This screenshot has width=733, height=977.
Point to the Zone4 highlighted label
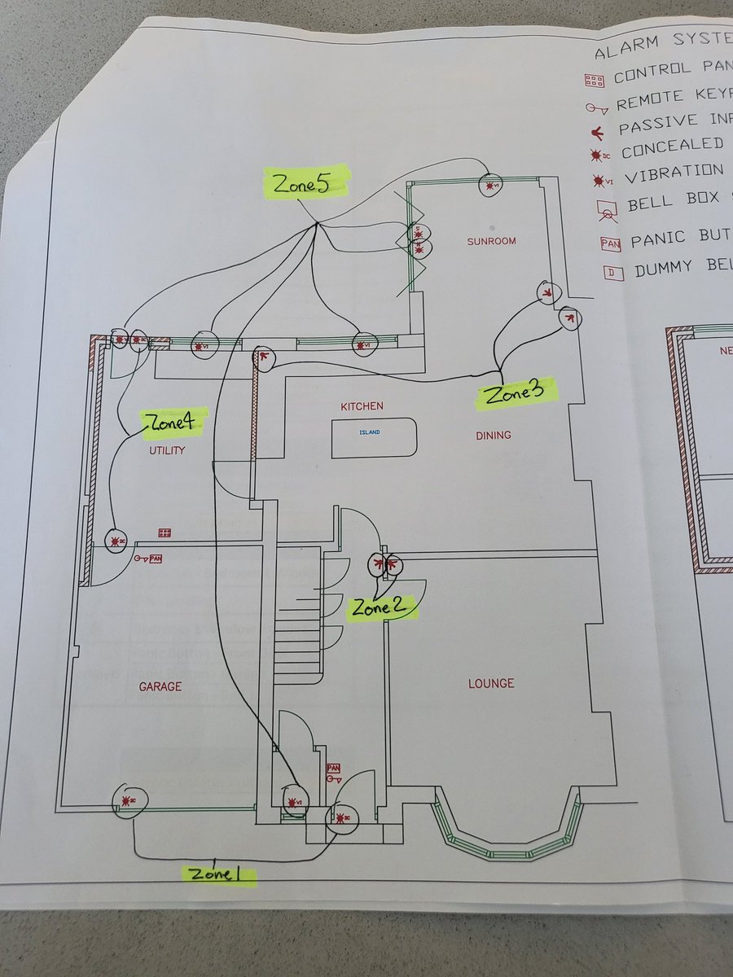coord(173,420)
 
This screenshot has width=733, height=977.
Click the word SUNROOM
coord(491,242)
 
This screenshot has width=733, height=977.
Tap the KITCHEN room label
coord(362,406)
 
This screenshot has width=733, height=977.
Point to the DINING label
coord(494,436)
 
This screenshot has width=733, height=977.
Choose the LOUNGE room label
coord(491,683)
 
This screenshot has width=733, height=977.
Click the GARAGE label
coord(160,687)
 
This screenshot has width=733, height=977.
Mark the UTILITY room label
coord(166,450)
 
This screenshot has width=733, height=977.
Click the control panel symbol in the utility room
coord(165,533)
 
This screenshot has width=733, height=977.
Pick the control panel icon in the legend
coord(595,81)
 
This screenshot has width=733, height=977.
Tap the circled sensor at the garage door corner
coord(127,801)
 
